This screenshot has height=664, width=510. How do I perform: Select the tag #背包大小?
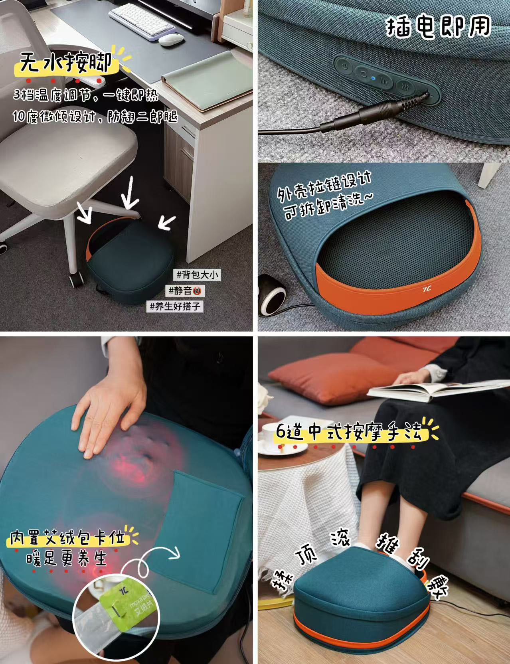tap(197, 275)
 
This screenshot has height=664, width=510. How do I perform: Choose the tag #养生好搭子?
tap(176, 306)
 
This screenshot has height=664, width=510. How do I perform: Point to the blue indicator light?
tap(372, 78)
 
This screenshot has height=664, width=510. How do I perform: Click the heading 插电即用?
tap(438, 26)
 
